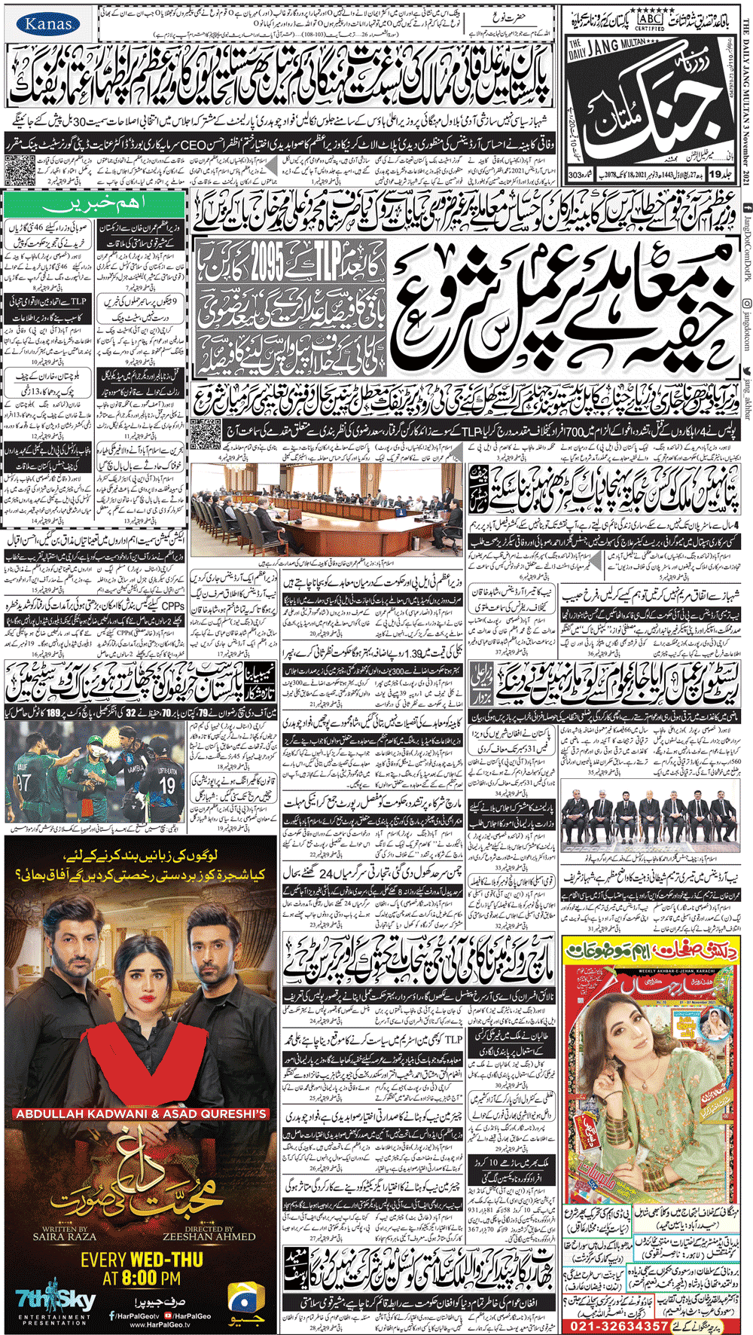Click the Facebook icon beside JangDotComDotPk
tap(745, 207)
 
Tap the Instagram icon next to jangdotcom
tap(745, 302)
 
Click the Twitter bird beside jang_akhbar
tap(745, 371)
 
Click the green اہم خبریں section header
tap(95, 205)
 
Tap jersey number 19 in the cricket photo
tap(166, 787)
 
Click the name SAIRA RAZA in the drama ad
tap(64, 1237)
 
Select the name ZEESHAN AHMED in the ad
tap(209, 1237)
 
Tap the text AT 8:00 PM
tap(142, 1277)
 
